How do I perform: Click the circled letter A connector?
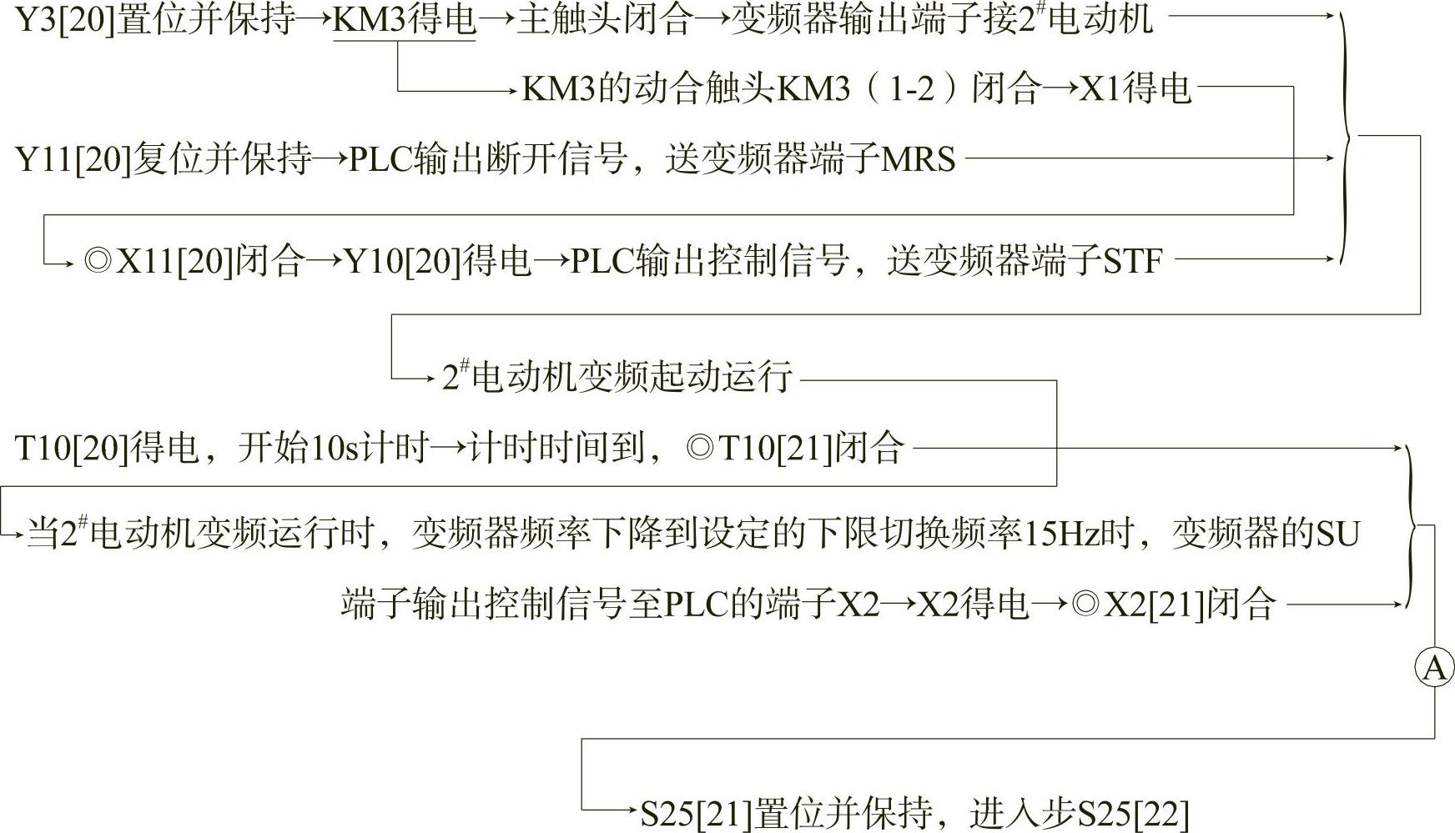point(1434,668)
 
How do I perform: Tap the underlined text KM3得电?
point(404,19)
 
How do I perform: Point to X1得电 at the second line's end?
point(1135,88)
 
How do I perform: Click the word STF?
point(1132,261)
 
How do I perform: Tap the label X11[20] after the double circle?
point(174,261)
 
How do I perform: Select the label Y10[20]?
point(403,261)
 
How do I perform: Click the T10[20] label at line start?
point(72,448)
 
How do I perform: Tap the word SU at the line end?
point(1337,534)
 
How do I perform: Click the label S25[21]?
point(696,813)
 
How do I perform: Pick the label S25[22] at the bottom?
point(1133,813)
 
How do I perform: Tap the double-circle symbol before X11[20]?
point(98,261)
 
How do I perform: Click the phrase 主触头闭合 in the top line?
point(604,19)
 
